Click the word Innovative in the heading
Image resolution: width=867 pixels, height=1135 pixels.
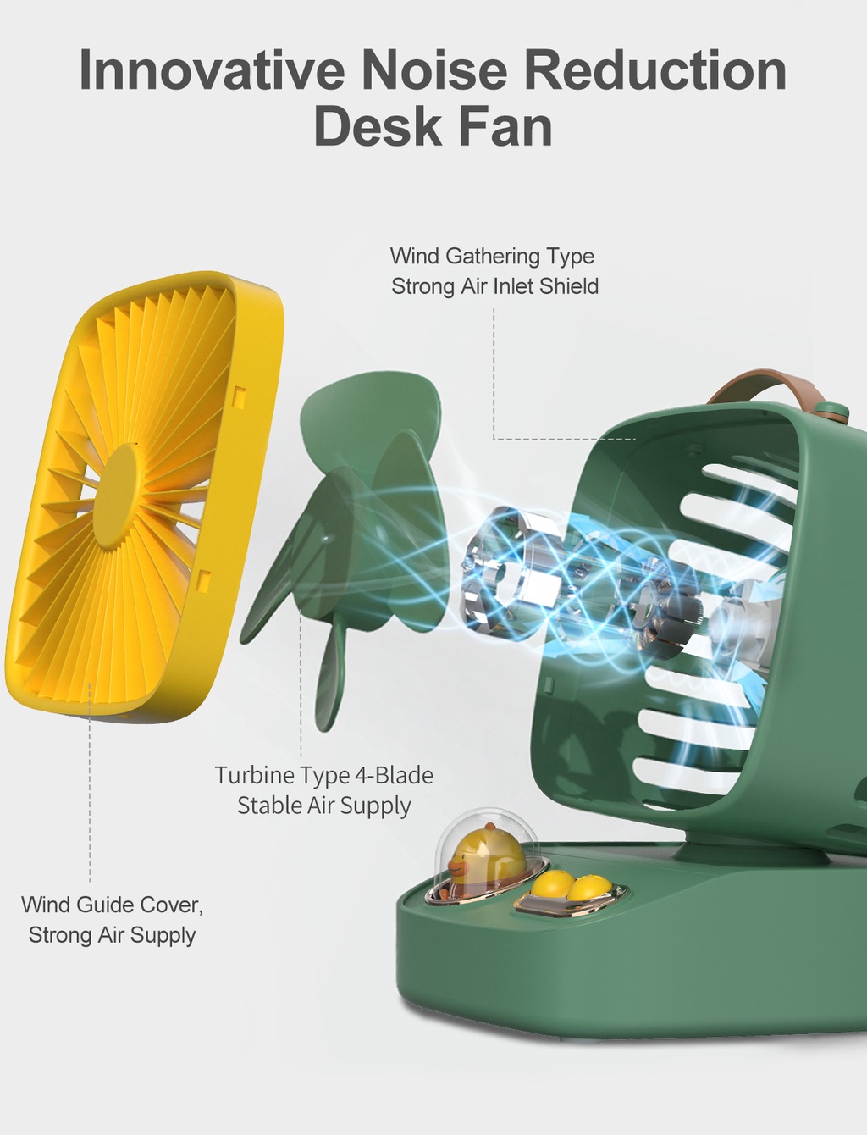coord(212,69)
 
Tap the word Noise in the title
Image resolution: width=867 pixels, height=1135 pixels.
coord(433,69)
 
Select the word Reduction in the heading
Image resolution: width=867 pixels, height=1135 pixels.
coord(655,69)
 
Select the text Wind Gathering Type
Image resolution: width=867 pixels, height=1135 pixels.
coord(492,256)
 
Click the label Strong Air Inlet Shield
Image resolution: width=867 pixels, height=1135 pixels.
coord(495,286)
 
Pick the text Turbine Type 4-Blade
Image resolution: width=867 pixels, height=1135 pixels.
coord(324,775)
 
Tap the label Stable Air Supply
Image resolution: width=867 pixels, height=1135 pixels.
coord(324,806)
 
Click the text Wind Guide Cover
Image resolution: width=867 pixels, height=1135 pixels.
coord(112,905)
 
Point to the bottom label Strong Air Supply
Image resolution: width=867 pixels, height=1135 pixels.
coord(112,934)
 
